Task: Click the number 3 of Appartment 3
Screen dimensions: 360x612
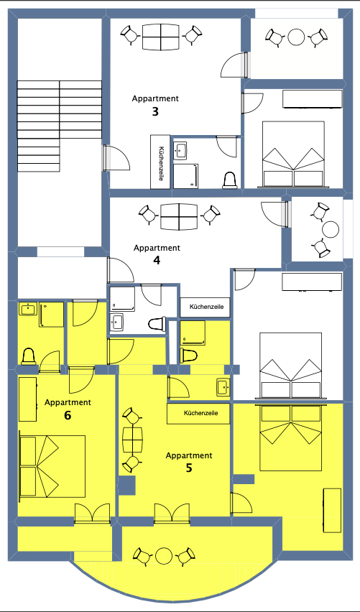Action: click(x=155, y=112)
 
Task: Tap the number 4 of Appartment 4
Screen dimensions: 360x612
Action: click(x=157, y=260)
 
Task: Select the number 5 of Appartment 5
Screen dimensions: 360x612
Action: click(x=189, y=468)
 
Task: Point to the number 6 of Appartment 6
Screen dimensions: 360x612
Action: click(x=68, y=416)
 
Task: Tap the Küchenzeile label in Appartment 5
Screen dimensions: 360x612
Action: click(x=200, y=413)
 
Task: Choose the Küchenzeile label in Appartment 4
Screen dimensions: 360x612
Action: click(x=206, y=307)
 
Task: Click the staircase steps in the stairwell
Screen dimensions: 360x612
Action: click(x=60, y=126)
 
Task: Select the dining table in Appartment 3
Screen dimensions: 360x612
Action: click(x=161, y=37)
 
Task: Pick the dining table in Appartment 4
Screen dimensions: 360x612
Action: click(x=179, y=217)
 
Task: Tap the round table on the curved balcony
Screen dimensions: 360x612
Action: click(x=164, y=556)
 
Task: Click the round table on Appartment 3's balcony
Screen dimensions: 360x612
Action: click(x=296, y=37)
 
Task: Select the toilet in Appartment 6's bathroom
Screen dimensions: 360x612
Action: click(x=29, y=356)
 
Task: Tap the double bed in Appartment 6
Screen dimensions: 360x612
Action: click(x=52, y=466)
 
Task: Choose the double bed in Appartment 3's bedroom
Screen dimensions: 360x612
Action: click(x=293, y=154)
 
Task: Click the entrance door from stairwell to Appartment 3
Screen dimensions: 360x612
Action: click(x=116, y=158)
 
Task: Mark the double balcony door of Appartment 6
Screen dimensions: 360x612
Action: click(x=93, y=513)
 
